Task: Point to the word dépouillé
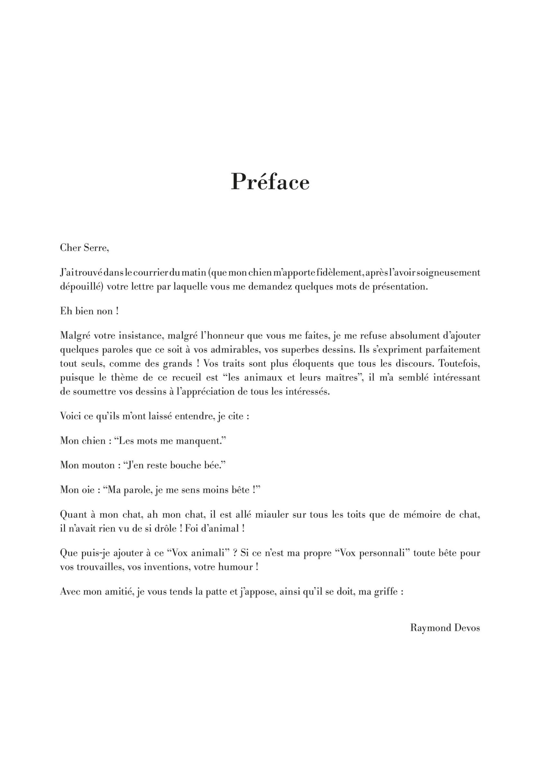pos(80,287)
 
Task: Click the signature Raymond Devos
pos(445,628)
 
